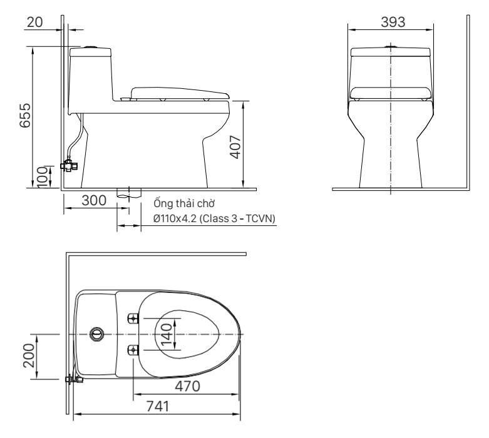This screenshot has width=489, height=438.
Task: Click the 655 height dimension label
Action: pos(25,115)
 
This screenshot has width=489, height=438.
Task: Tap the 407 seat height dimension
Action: pos(235,147)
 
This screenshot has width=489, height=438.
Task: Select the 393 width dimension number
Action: pos(393,22)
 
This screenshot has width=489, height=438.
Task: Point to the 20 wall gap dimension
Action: pos(34,22)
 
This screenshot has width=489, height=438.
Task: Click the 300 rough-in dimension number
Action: pos(94,200)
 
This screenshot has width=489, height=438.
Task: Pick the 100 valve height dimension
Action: pos(43,177)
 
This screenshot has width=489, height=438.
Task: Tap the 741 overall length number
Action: pos(158,406)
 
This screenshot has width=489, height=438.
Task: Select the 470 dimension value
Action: pos(187,386)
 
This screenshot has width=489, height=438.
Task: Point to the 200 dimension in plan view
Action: pos(29,355)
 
